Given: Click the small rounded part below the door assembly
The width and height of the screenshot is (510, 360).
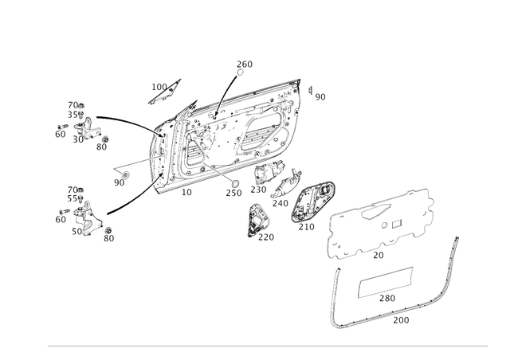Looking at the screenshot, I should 258,217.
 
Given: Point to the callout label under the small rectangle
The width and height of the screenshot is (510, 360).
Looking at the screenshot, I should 386,300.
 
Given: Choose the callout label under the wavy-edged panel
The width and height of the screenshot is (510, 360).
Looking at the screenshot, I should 380,256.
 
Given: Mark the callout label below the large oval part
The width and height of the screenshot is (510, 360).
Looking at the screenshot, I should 305,227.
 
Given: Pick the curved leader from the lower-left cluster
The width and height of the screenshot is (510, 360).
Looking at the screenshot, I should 127,199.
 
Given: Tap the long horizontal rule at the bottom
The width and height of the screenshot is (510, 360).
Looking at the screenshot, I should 267,345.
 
